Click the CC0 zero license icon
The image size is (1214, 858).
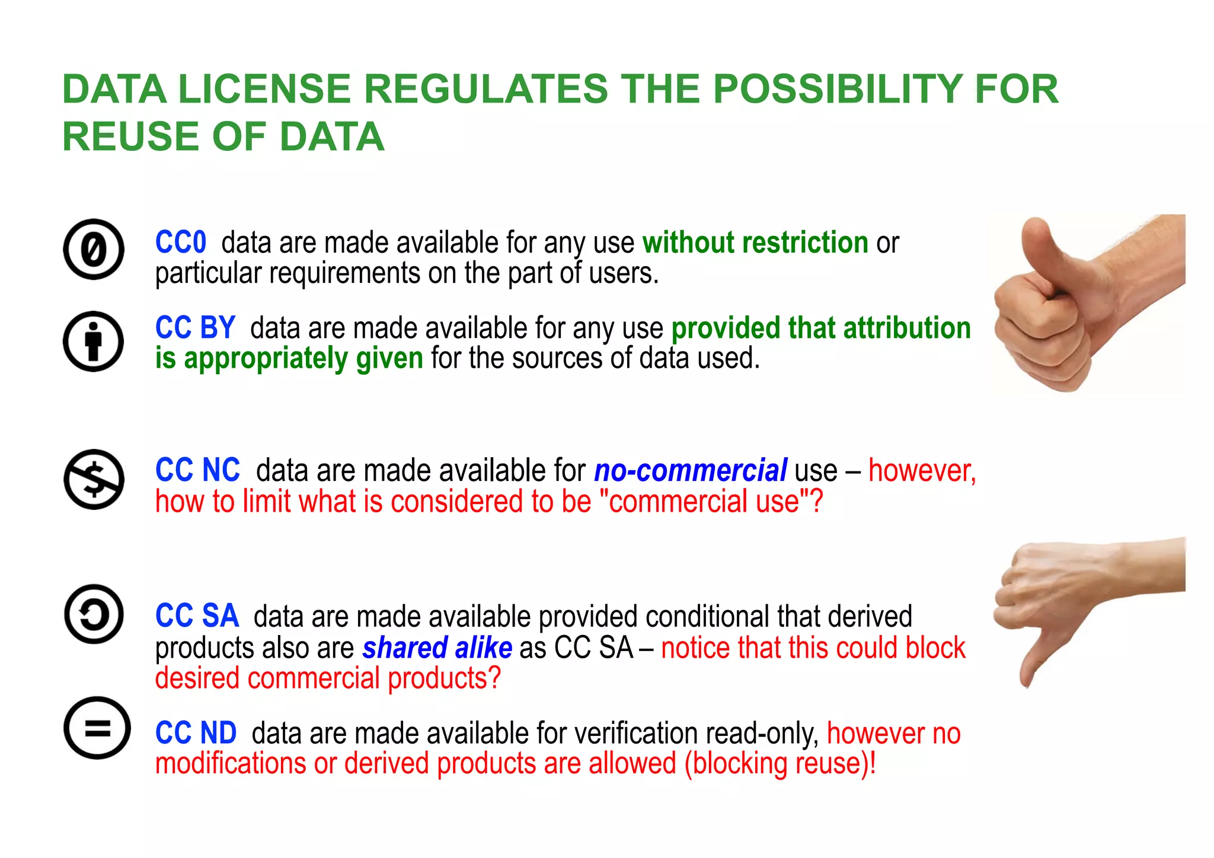pyautogui.click(x=94, y=249)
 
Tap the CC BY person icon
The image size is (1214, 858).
pyautogui.click(x=94, y=342)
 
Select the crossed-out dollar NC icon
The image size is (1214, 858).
pyautogui.click(x=94, y=479)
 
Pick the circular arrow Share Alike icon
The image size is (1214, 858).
pyautogui.click(x=94, y=614)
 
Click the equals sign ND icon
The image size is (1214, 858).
pyautogui.click(x=97, y=728)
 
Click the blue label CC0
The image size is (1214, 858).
pyautogui.click(x=180, y=243)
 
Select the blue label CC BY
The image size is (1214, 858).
pyautogui.click(x=195, y=328)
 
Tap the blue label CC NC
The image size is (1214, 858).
pyautogui.click(x=197, y=470)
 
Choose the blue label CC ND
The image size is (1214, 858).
pyautogui.click(x=196, y=733)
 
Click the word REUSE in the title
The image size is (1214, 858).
pyautogui.click(x=131, y=136)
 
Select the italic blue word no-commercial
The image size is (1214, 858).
pyautogui.click(x=691, y=471)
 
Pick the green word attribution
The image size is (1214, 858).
pyautogui.click(x=907, y=328)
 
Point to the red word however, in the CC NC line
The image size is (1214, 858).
pyautogui.click(x=922, y=471)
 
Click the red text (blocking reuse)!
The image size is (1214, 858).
pyautogui.click(x=780, y=763)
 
